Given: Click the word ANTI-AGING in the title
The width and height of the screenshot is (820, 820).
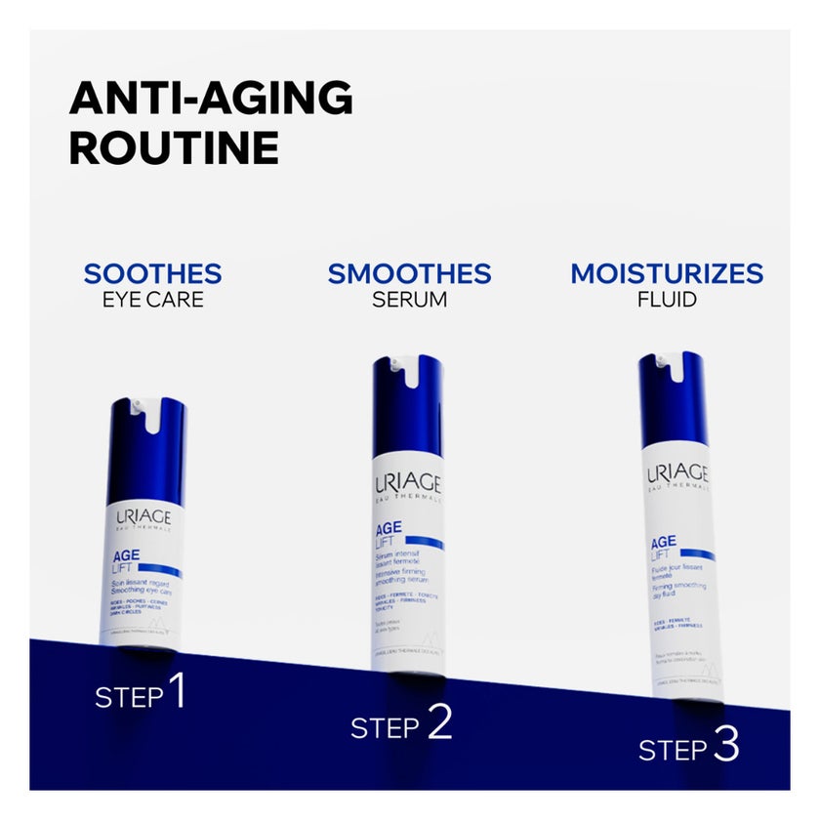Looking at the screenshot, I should coord(211,98).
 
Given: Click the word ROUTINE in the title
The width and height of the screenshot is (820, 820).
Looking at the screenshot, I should coord(174,148).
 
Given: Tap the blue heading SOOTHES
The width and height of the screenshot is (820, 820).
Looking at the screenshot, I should coord(152,273).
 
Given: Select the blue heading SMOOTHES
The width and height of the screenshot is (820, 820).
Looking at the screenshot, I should coord(409,273).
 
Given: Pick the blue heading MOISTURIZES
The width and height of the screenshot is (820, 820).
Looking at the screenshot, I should coord(667,273).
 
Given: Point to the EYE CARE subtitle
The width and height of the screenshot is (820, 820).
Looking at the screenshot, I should coord(152,300).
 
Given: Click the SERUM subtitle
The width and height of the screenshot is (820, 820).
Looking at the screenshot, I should coord(409,300).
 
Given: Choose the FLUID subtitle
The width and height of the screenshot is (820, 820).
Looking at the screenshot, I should coord(667,300).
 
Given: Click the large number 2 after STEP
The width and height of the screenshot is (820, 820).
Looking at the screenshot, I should coord(439,722).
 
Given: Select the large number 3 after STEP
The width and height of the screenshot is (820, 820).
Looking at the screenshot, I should coord(725,746).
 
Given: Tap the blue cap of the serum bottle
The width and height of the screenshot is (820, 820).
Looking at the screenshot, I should coord(407,406).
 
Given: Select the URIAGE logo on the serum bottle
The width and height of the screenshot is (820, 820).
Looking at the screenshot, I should coord(408,484).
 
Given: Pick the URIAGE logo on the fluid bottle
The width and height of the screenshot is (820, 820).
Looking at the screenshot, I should coord(676,474).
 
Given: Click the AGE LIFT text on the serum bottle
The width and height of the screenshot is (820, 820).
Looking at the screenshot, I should coord(389,538).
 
